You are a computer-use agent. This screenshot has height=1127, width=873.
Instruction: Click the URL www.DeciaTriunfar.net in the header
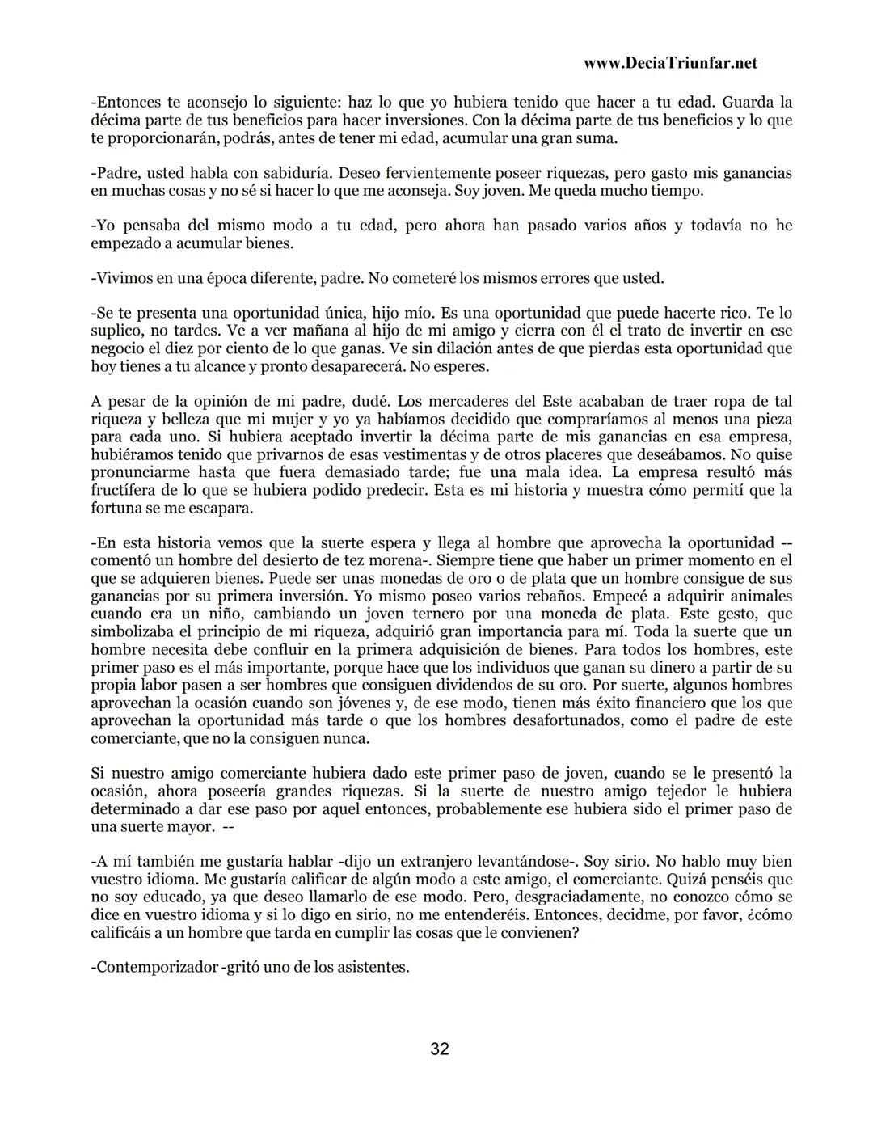click(669, 63)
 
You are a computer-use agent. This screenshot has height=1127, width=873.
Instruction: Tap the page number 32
click(440, 1049)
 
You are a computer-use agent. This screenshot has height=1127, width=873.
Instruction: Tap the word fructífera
click(126, 491)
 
